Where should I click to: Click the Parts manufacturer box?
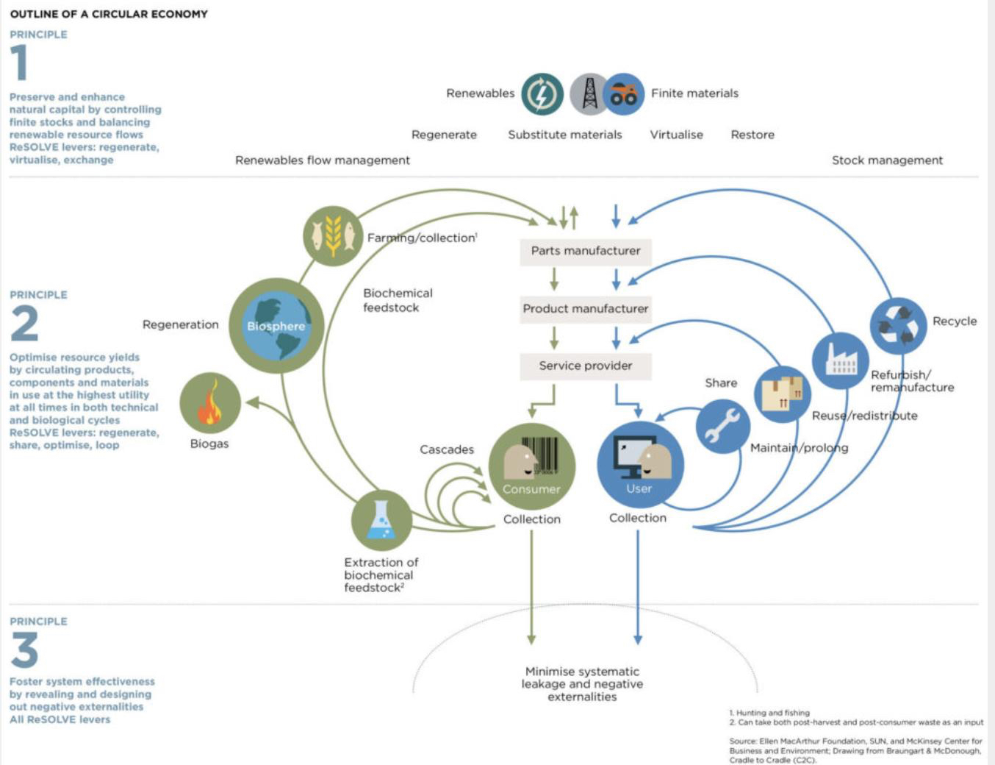tap(586, 251)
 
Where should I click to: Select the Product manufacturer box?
tap(586, 309)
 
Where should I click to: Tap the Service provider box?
tap(586, 366)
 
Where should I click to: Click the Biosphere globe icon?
tap(276, 326)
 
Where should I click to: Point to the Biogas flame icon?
tap(210, 403)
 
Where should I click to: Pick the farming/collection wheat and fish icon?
tap(333, 236)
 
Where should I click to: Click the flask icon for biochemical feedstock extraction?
tap(381, 520)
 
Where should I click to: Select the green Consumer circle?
tap(531, 466)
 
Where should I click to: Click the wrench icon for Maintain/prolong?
tap(722, 427)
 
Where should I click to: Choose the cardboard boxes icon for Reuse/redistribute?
tap(782, 394)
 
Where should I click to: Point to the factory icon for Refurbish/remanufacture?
tap(840, 360)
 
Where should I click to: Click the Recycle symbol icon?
tap(898, 325)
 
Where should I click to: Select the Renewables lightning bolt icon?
tap(542, 94)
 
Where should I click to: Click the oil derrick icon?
tap(589, 94)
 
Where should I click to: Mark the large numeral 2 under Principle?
tap(24, 324)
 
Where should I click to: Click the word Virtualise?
tap(676, 135)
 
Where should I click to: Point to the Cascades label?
tap(447, 449)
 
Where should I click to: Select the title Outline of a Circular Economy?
tap(109, 14)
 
